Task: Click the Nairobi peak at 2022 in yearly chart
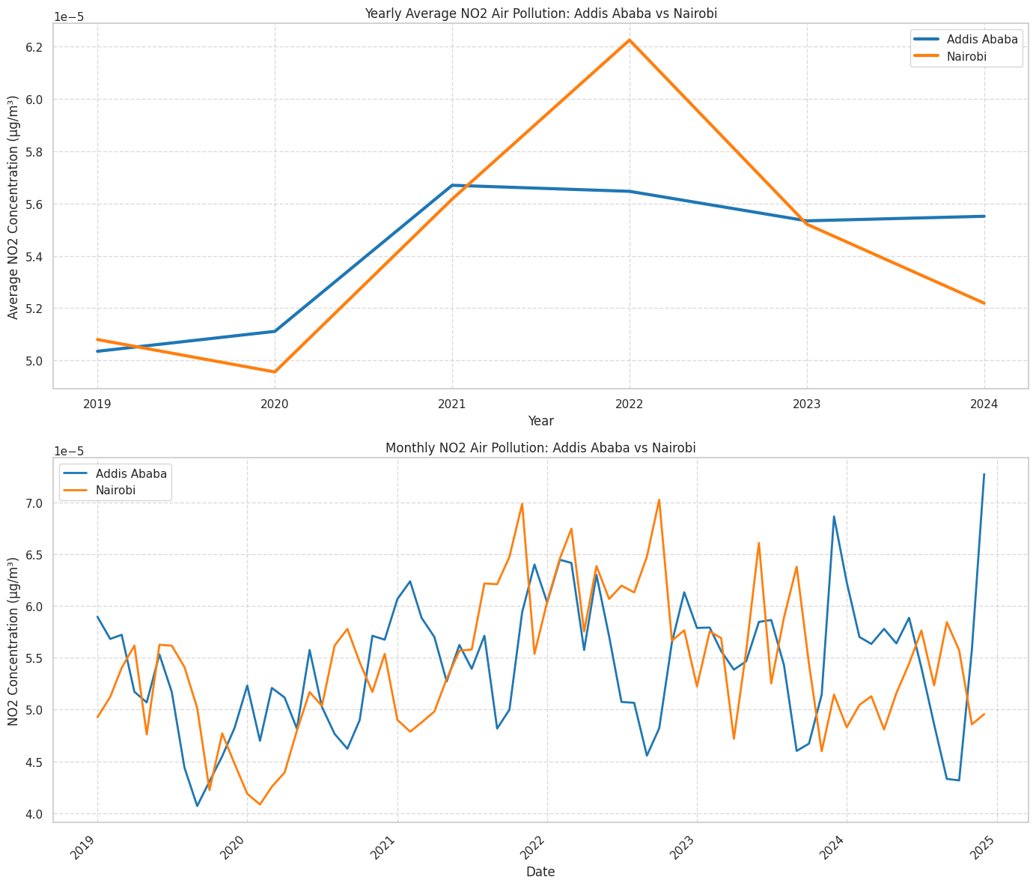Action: [630, 40]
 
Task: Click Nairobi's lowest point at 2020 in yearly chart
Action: [275, 371]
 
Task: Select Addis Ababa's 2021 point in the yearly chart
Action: [452, 185]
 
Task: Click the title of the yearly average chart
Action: [540, 13]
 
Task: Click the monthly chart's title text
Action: [540, 448]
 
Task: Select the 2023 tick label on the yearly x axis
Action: [806, 404]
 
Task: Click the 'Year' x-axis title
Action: [540, 421]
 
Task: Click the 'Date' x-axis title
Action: [540, 872]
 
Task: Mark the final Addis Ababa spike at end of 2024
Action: [984, 474]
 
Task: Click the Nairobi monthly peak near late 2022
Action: [659, 500]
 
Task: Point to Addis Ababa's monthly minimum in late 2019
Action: [197, 806]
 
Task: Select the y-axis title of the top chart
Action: [13, 207]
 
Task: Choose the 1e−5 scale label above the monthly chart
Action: [69, 451]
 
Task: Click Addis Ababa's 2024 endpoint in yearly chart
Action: [984, 216]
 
